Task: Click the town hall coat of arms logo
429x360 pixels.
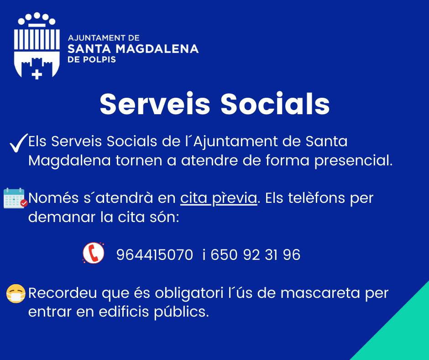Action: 37,46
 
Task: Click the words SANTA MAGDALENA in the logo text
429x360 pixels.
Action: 133,49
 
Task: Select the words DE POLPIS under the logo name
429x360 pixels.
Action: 92,59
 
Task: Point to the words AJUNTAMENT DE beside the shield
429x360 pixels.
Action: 104,38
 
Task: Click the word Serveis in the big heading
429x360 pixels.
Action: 155,104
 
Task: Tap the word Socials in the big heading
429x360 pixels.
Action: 275,104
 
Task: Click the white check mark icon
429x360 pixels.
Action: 19,143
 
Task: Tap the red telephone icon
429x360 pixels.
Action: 94,253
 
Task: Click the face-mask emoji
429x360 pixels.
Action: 16,293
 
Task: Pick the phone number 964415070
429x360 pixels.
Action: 155,255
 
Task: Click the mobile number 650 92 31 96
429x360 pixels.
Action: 255,255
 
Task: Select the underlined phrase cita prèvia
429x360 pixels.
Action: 219,198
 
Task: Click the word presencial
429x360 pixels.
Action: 353,160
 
